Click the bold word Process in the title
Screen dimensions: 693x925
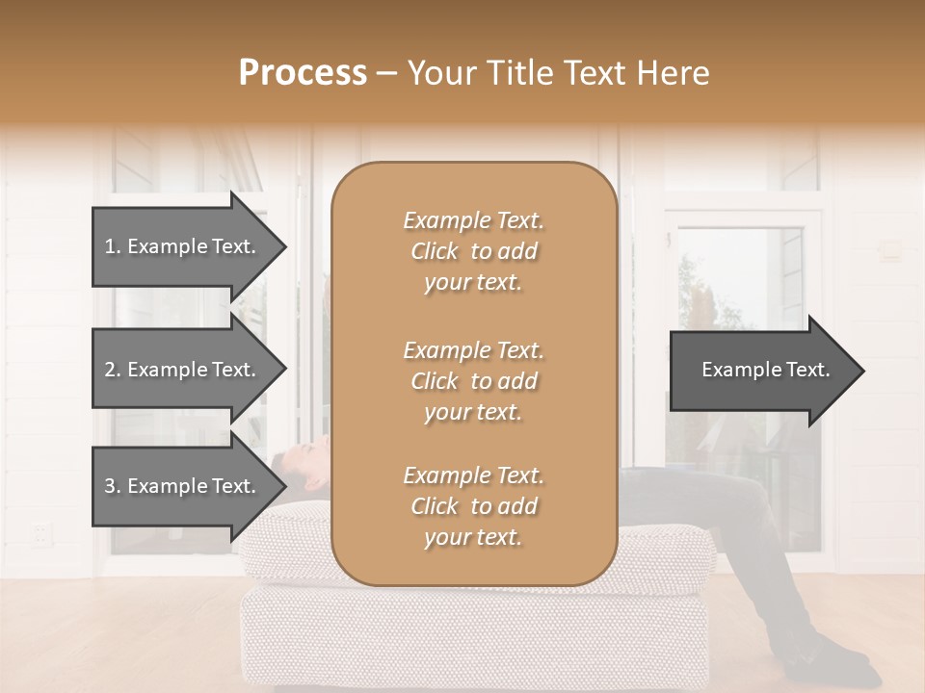coord(303,73)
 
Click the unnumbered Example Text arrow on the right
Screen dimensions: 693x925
coord(766,370)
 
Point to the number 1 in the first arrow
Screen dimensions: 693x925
coord(110,246)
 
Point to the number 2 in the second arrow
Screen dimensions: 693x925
coord(110,370)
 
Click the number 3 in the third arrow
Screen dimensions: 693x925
coord(110,486)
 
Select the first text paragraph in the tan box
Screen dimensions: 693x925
coord(473,251)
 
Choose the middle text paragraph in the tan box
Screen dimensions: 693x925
coord(473,381)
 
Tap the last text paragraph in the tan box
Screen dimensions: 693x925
coord(473,506)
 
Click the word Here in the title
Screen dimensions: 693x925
coord(674,73)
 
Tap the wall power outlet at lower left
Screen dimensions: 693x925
coord(40,532)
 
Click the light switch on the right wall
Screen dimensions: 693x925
coord(890,251)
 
